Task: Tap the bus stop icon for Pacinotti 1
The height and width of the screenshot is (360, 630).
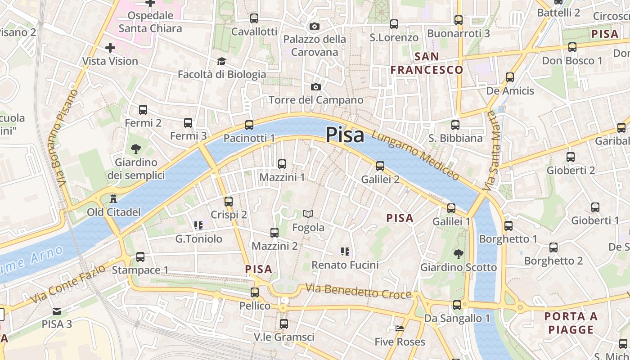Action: (x=249, y=125)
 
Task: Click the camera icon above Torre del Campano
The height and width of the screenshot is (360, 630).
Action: (x=316, y=87)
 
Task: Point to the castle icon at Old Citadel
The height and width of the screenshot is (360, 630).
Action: (x=113, y=198)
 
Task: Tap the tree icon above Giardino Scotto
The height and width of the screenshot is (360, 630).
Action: (x=458, y=254)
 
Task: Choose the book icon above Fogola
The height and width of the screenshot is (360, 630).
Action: (x=308, y=214)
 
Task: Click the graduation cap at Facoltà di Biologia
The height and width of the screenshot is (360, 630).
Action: (x=221, y=61)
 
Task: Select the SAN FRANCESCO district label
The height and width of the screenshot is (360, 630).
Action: (x=427, y=63)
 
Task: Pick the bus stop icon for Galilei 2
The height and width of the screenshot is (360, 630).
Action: (x=380, y=166)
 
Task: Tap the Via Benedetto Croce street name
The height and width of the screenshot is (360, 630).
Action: (x=358, y=291)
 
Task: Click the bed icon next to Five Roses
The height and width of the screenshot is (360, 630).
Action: (x=399, y=328)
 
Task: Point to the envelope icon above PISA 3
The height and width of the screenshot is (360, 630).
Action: (x=57, y=311)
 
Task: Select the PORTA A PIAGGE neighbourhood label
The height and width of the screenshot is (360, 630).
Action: (x=571, y=323)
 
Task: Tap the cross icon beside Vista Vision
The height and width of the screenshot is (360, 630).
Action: (x=110, y=48)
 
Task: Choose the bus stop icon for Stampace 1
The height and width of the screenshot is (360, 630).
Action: (x=140, y=257)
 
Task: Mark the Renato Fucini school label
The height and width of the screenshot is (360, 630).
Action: (x=345, y=265)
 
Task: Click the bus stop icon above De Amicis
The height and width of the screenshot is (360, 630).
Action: (x=510, y=77)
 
